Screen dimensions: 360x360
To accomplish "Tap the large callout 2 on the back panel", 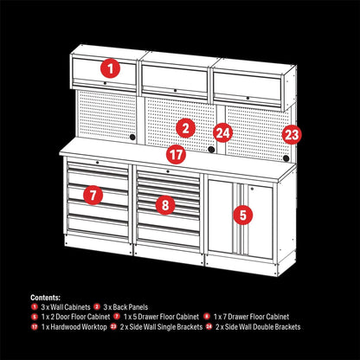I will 184,128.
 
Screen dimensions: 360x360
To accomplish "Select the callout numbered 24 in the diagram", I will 223,132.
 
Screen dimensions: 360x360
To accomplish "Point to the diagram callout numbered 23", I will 292,134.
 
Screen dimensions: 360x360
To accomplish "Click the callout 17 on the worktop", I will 177,156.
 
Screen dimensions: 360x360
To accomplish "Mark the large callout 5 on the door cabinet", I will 243,213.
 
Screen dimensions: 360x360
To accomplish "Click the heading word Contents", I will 46,297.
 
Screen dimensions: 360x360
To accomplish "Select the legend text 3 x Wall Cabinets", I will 66,307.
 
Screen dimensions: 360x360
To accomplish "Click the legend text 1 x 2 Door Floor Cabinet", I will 74,318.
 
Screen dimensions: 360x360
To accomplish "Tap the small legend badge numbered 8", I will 208,318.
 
